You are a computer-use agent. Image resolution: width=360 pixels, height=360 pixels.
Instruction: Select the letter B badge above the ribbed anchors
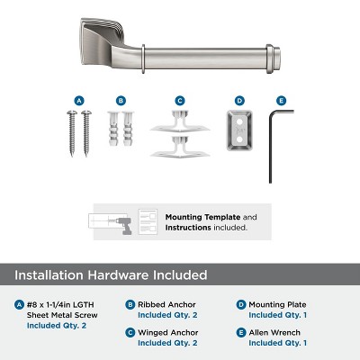pyautogui.click(x=121, y=100)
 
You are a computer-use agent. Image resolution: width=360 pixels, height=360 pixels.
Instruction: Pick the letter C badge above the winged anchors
pyautogui.click(x=180, y=100)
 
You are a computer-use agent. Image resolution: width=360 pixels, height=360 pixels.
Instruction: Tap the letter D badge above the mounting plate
pyautogui.click(x=239, y=100)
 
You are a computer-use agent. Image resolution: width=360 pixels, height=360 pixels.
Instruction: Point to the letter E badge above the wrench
pyautogui.click(x=281, y=100)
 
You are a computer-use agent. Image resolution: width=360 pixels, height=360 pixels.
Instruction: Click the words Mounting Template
pyautogui.click(x=198, y=217)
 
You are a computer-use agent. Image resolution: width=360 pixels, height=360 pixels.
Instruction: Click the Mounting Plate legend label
pyautogui.click(x=275, y=304)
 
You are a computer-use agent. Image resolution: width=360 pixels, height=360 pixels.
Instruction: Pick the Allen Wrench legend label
pyautogui.click(x=274, y=333)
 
